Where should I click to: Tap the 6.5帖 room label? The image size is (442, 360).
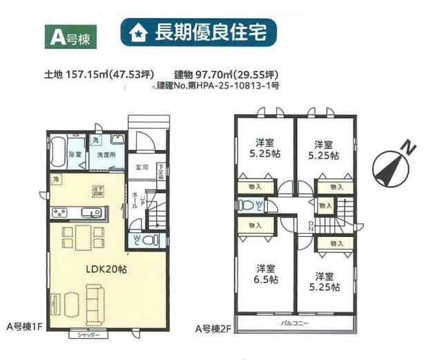[267, 274]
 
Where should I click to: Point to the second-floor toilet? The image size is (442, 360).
[247, 205]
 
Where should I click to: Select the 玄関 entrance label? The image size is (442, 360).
[142, 167]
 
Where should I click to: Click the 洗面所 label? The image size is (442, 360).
[106, 155]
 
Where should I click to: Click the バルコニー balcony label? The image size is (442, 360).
[295, 323]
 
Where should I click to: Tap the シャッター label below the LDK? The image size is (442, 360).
[89, 335]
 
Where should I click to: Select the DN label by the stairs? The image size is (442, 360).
[311, 225]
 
